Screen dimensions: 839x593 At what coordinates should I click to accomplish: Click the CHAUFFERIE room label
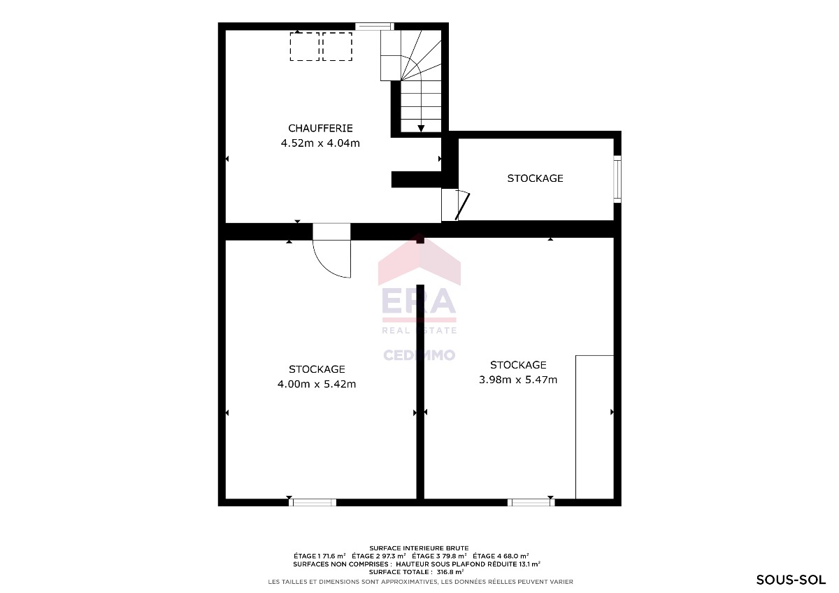click(x=320, y=128)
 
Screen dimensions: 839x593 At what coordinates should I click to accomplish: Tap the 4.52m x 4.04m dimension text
click(x=320, y=143)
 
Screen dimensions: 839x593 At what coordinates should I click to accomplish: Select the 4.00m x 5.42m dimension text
click(x=317, y=384)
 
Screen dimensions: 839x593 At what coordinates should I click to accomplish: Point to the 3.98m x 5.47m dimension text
click(x=518, y=380)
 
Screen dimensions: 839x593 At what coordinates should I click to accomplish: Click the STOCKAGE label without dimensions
click(x=535, y=178)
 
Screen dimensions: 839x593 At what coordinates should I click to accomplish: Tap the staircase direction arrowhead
click(x=421, y=129)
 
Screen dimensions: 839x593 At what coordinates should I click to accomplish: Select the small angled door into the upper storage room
click(x=462, y=206)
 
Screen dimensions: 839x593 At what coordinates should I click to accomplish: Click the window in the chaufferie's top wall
click(x=374, y=27)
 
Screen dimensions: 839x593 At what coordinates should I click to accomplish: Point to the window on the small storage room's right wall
click(x=617, y=180)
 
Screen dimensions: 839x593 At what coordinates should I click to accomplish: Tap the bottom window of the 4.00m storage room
click(x=313, y=502)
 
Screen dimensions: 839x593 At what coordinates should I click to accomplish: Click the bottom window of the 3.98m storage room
click(x=531, y=502)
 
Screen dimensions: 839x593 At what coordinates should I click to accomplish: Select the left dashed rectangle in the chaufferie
click(x=305, y=46)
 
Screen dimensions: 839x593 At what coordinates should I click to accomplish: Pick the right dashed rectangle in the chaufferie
click(x=337, y=46)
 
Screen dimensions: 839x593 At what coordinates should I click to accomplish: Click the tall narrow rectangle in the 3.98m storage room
click(x=594, y=427)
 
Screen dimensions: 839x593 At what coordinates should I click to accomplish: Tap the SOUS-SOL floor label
click(x=791, y=580)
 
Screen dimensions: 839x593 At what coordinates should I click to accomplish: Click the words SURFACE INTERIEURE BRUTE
click(x=419, y=548)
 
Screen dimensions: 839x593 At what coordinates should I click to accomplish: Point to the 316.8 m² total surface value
click(x=450, y=572)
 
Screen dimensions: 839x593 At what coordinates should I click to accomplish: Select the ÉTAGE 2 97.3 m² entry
click(x=379, y=556)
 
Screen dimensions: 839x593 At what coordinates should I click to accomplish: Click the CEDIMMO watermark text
click(x=419, y=355)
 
